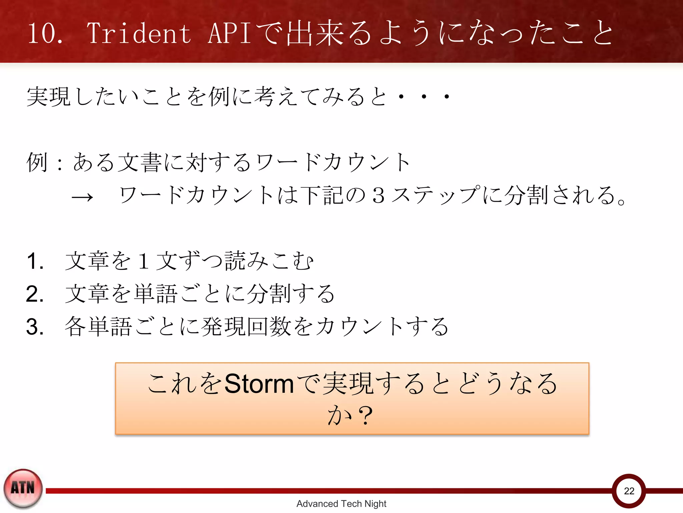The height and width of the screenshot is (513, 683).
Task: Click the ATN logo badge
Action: (23, 488)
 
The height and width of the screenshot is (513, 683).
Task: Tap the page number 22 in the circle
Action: (629, 491)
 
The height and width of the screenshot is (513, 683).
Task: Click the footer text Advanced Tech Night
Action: (341, 504)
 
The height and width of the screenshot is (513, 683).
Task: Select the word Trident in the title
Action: (139, 33)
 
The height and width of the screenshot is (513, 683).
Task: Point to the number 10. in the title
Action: (45, 34)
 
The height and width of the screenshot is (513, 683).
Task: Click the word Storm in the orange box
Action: (259, 384)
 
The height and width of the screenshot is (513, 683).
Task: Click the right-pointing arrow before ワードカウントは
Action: (82, 197)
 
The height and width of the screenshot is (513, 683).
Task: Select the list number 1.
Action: (35, 261)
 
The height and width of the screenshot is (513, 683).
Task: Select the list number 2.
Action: (35, 294)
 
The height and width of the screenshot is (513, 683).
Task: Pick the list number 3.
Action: (35, 327)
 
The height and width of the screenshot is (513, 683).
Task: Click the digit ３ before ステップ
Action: (379, 195)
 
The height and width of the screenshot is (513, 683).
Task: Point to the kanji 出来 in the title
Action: (315, 33)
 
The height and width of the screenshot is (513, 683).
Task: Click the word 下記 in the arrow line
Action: (321, 195)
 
